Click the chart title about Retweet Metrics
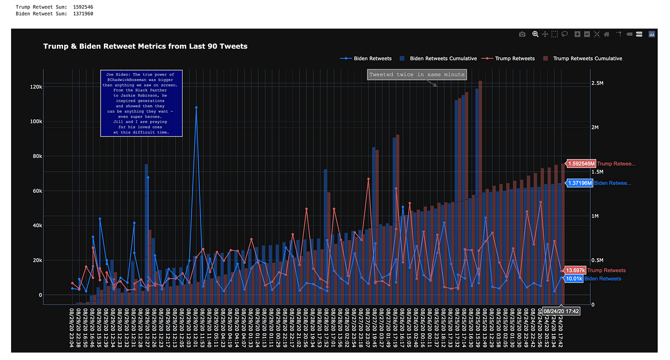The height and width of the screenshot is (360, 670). click(145, 46)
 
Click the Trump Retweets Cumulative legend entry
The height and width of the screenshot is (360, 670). click(587, 58)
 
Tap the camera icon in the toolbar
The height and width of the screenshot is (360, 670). click(522, 34)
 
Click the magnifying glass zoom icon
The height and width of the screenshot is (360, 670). click(535, 34)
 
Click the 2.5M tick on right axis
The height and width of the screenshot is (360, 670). click(600, 83)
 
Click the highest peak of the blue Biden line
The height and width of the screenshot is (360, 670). click(196, 107)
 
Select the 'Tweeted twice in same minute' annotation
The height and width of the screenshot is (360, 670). click(417, 75)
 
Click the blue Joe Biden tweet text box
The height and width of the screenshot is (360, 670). click(137, 103)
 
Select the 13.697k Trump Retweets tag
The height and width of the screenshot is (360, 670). click(574, 270)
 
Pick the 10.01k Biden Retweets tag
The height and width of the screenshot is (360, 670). click(574, 279)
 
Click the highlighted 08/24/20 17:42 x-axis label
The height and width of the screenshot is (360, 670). click(561, 311)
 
